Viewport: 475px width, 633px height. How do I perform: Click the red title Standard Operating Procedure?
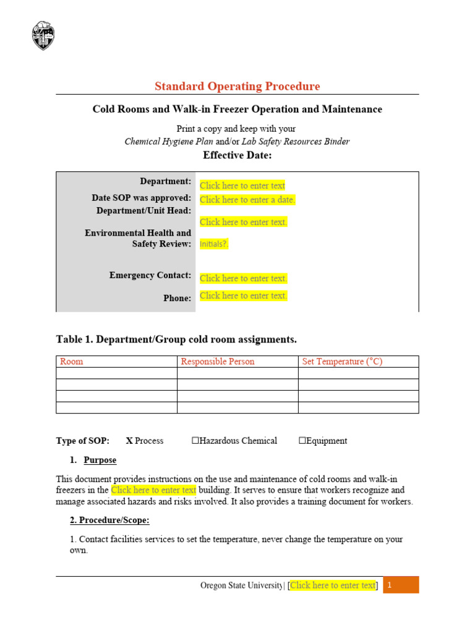pyautogui.click(x=237, y=87)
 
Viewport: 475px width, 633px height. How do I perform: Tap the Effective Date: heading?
pyautogui.click(x=237, y=155)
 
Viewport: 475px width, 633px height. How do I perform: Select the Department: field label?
pyautogui.click(x=165, y=181)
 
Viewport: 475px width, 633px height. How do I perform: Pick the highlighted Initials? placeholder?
pyautogui.click(x=214, y=244)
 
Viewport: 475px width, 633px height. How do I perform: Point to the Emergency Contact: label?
pyautogui.click(x=150, y=275)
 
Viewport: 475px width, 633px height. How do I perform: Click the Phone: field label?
pyautogui.click(x=177, y=298)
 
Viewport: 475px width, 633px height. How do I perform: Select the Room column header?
pyautogui.click(x=71, y=362)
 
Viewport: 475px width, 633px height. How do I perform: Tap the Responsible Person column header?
pyautogui.click(x=217, y=362)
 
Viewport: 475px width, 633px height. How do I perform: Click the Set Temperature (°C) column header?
pyautogui.click(x=342, y=362)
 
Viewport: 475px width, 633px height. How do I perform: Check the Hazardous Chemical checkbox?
pyautogui.click(x=195, y=441)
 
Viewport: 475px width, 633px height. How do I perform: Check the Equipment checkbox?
pyautogui.click(x=302, y=441)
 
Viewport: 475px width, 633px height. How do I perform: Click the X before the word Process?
pyautogui.click(x=129, y=441)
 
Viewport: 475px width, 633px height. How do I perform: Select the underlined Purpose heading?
pyautogui.click(x=100, y=461)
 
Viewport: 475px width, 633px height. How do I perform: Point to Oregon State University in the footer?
pyautogui.click(x=241, y=585)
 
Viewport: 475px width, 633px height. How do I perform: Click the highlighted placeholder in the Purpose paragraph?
pyautogui.click(x=153, y=490)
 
